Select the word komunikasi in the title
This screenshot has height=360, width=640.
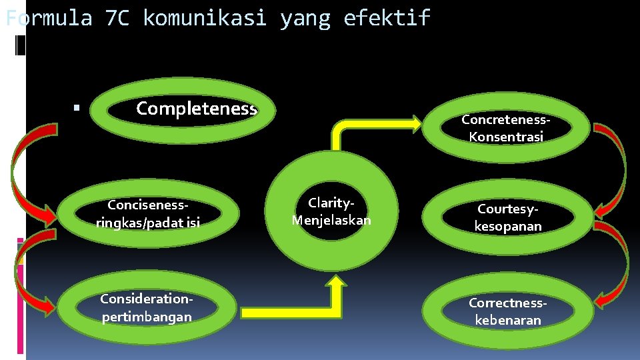click(205, 18)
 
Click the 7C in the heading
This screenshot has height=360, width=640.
click(117, 18)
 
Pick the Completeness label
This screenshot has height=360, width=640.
click(196, 109)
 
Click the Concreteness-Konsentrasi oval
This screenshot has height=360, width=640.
click(506, 128)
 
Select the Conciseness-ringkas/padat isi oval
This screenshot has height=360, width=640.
click(147, 213)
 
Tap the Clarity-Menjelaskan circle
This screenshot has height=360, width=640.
click(331, 211)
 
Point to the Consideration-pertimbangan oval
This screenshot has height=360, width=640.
click(147, 308)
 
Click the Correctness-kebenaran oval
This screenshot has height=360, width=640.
click(507, 311)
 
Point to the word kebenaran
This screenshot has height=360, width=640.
click(508, 321)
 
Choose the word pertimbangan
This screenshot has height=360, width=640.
click(147, 317)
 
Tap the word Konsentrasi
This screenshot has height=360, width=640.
click(506, 137)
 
